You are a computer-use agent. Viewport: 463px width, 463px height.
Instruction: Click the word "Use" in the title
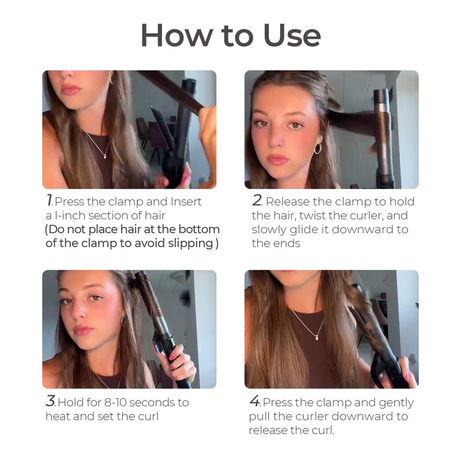tap(292, 35)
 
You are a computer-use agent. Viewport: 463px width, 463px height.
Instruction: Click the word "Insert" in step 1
tap(186, 201)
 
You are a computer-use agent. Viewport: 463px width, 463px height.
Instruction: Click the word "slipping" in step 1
tap(190, 244)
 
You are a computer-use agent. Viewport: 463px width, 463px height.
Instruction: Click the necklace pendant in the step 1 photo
tap(105, 156)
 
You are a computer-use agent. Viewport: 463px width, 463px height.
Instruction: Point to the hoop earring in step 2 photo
tap(317, 149)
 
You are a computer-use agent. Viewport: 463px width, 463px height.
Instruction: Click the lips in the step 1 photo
tap(70, 89)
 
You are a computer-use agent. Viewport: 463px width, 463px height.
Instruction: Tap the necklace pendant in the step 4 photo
tap(317, 338)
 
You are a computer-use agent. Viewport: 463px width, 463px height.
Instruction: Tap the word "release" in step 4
tap(268, 430)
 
